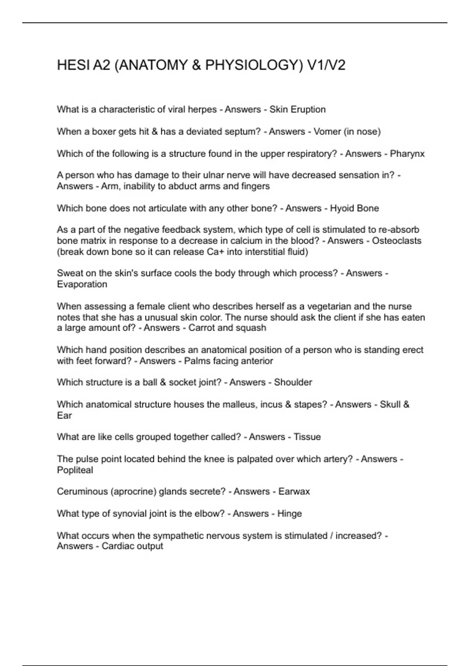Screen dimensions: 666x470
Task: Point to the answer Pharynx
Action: click(x=407, y=154)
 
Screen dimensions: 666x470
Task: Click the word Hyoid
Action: click(x=342, y=208)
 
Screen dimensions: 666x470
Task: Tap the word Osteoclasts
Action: click(x=396, y=241)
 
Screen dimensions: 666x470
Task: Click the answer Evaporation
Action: click(x=82, y=284)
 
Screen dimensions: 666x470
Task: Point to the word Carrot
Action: click(x=201, y=328)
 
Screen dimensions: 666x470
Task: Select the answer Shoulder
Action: click(x=293, y=382)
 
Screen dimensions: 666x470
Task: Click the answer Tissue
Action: click(x=307, y=437)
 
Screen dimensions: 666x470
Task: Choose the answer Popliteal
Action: click(x=75, y=470)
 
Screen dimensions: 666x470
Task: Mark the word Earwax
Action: click(x=294, y=492)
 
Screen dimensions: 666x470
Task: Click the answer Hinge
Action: click(x=289, y=514)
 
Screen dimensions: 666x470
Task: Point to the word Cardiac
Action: click(x=116, y=546)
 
